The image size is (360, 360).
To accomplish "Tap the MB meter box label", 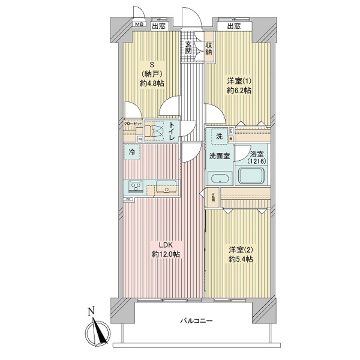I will [139, 25].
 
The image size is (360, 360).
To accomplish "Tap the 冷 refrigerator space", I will [132, 152].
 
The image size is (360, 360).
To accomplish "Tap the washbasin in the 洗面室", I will [220, 178].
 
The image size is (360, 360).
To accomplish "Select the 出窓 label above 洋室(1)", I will [234, 26].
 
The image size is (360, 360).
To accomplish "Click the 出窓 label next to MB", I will [158, 26].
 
